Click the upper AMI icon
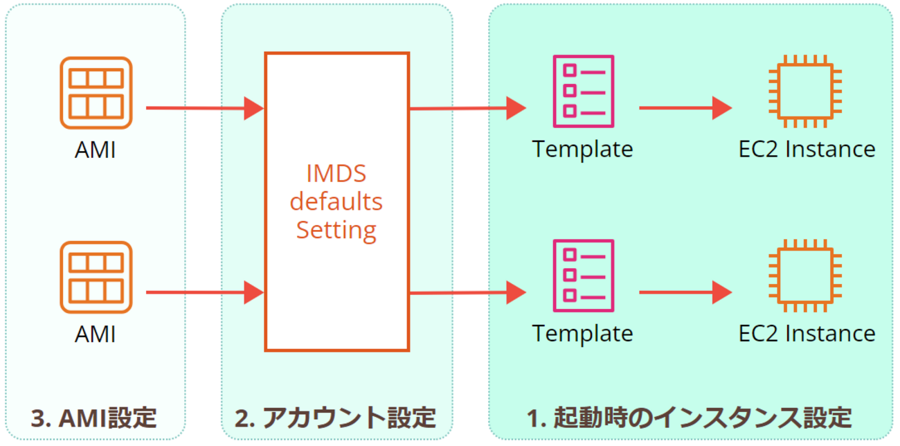click(96, 93)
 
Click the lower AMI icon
click(96, 278)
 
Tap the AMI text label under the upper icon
click(96, 150)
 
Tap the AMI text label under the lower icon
click(96, 334)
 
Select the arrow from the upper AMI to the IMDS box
click(204, 108)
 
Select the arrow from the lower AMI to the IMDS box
click(204, 292)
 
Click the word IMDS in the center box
click(336, 173)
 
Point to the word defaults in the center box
click(336, 202)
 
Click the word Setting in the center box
click(336, 229)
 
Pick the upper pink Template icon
click(583, 91)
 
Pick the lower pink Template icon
click(583, 276)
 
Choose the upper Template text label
click(583, 149)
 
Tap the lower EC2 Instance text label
click(807, 333)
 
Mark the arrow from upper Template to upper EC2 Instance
click(684, 108)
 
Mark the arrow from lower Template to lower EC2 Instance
click(684, 292)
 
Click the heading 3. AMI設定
click(94, 418)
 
